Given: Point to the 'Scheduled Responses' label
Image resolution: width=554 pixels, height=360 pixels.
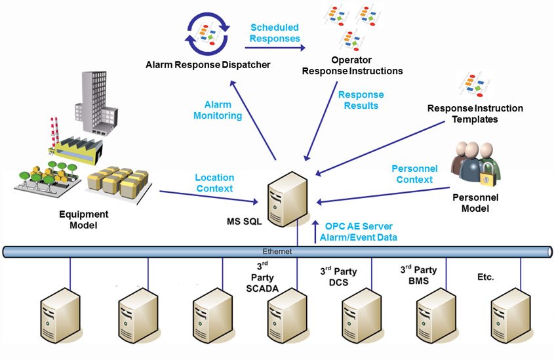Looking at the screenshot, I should pyautogui.click(x=275, y=33).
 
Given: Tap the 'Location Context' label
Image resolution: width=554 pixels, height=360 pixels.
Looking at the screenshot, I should pyautogui.click(x=214, y=183).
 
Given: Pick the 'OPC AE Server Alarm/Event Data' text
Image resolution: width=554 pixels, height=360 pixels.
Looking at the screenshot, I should pyautogui.click(x=361, y=231).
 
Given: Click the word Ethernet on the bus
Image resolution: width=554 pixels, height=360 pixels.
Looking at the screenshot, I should pyautogui.click(x=278, y=251).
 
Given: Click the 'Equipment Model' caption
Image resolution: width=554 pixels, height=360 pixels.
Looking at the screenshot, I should pyautogui.click(x=84, y=219).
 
